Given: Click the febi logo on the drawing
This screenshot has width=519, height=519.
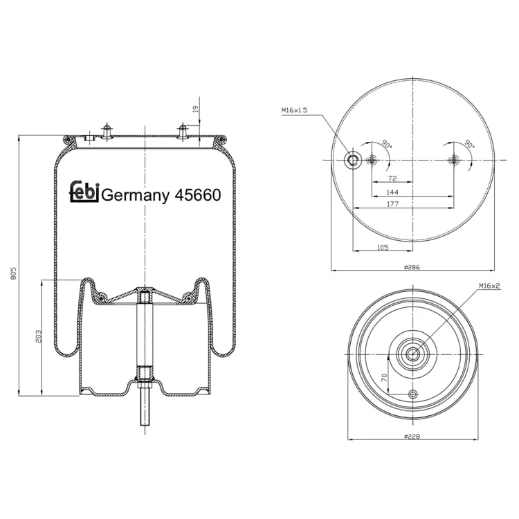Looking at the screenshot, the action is tap(84, 192).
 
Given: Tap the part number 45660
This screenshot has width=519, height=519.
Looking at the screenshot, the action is tap(198, 195).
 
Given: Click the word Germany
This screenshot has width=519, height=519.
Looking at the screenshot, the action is tap(136, 196).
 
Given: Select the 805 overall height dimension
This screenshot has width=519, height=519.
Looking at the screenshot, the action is tap(14, 273).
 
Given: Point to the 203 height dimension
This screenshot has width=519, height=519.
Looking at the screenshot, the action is tap(39, 336).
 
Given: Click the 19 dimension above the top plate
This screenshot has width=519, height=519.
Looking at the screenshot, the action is tap(195, 109).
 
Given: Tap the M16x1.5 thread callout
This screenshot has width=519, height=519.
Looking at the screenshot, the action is tap(294, 110).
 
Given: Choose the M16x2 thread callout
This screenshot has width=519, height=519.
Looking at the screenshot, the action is tap(489, 286).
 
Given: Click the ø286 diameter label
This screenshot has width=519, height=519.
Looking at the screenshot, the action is tap(412, 267).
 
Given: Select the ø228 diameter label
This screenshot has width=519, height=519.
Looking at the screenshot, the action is tap(412, 437).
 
